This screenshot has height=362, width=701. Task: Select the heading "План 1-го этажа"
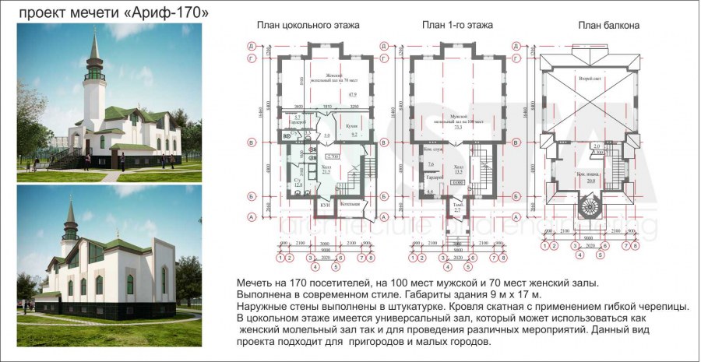point(457,26)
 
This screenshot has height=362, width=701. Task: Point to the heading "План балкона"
point(608,26)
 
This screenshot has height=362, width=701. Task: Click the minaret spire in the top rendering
point(93,45)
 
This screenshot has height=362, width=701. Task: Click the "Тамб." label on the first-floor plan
point(457,205)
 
